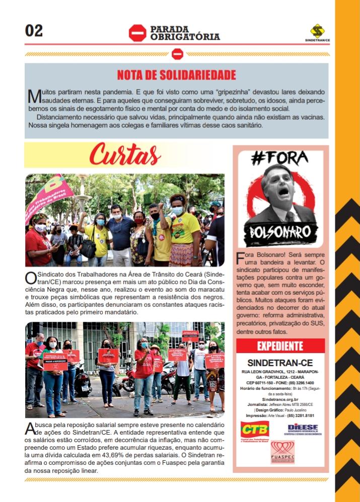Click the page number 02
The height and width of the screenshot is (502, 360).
pyautogui.click(x=34, y=31)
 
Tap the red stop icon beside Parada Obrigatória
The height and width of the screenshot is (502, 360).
pyautogui.click(x=137, y=33)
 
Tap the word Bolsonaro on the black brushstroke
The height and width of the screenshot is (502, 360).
pyautogui.click(x=280, y=234)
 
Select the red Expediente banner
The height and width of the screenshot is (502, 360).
pyautogui.click(x=280, y=346)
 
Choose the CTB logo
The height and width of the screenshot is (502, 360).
pyautogui.click(x=254, y=430)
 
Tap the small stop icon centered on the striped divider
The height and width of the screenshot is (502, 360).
pyautogui.click(x=177, y=54)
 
